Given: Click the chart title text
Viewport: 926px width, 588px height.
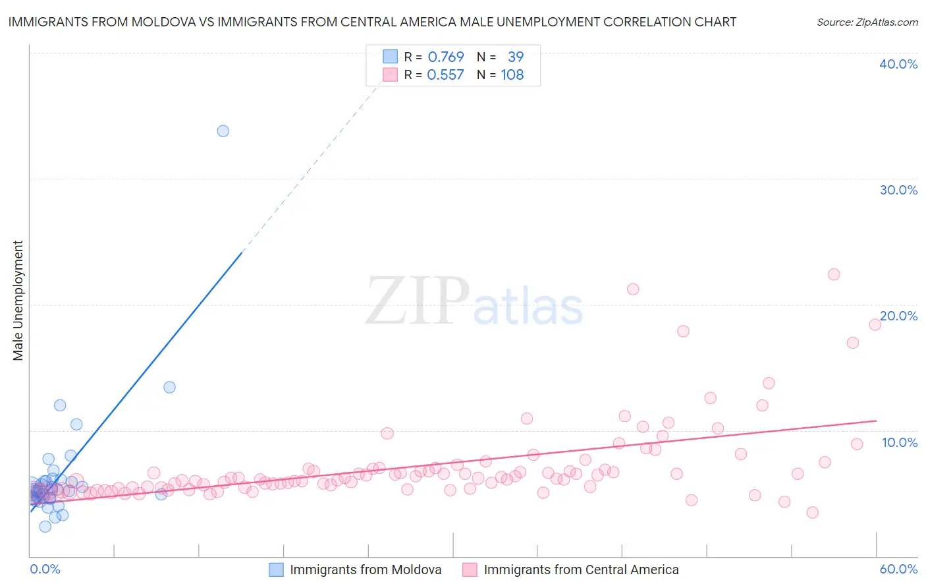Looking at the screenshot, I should [372, 22].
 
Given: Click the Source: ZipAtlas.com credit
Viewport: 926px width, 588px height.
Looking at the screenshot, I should [867, 22].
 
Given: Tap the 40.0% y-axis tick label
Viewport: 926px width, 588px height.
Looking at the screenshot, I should [898, 64].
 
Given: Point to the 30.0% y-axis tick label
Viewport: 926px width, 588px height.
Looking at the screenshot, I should [898, 190].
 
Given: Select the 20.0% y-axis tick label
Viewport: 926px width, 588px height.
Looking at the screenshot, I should [898, 316].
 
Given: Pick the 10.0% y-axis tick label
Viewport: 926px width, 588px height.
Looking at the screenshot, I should [899, 442].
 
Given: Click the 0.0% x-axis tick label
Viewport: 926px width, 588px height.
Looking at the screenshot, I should [45, 569].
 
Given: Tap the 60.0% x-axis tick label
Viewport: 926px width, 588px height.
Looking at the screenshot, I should [898, 569].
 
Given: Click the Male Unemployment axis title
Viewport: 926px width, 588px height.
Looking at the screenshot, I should [18, 301].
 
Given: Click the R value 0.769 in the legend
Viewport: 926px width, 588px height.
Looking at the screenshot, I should [446, 57].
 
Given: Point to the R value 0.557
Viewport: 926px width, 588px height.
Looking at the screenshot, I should [445, 75].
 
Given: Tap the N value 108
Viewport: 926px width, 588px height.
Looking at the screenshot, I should [512, 75].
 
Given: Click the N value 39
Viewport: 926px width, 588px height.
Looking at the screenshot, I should [516, 57].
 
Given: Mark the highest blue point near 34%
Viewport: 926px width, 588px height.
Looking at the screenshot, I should [223, 131].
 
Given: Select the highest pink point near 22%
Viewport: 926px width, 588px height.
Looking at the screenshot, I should [834, 274].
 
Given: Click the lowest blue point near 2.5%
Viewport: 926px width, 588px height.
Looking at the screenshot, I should [45, 526].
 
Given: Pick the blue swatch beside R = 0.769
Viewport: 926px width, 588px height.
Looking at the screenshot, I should [391, 57].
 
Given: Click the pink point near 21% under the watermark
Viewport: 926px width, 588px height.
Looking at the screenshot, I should [633, 289].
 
